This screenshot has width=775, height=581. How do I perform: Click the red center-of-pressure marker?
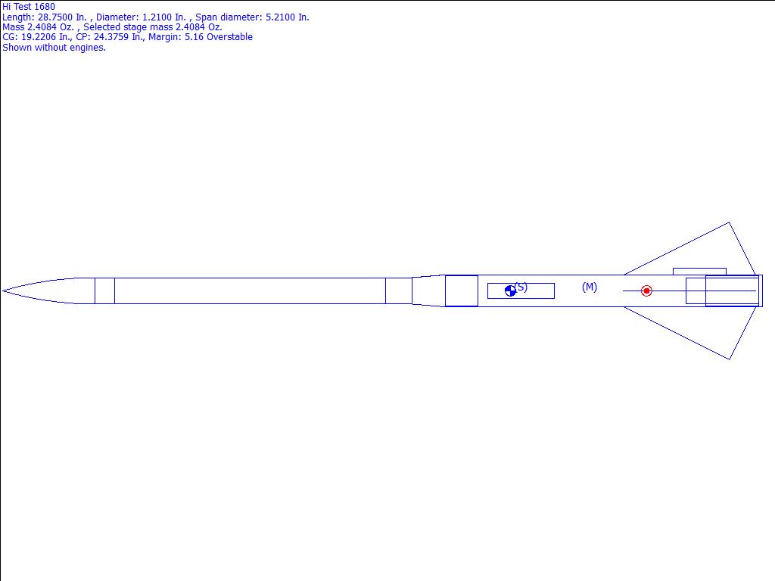tap(646, 291)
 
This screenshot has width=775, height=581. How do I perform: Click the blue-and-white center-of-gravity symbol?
tap(511, 291)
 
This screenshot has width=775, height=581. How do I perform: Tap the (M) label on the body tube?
tap(590, 287)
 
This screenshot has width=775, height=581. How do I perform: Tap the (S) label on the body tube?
tap(521, 287)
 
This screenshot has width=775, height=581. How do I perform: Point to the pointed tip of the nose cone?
tap(2, 291)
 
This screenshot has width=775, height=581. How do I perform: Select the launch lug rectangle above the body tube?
tap(699, 272)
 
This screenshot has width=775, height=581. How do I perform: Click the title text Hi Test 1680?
tap(29, 7)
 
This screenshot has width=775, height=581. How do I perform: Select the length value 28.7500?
tap(54, 17)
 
